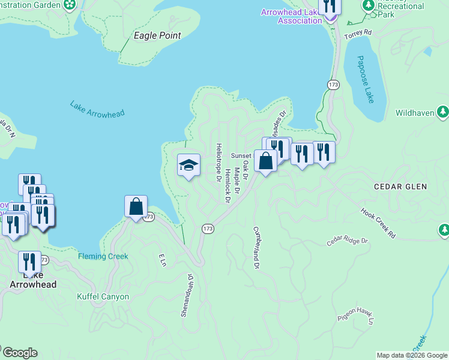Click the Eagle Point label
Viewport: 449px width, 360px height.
(x=157, y=36)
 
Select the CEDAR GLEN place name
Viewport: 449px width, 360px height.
(x=400, y=187)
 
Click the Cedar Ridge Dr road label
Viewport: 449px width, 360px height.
(x=347, y=241)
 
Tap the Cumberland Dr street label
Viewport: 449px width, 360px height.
(x=256, y=247)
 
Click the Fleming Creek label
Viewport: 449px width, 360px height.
(x=103, y=257)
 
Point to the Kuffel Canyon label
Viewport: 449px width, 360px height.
(x=103, y=296)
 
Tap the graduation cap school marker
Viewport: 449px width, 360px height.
(x=188, y=165)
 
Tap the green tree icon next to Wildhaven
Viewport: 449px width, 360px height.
(x=443, y=112)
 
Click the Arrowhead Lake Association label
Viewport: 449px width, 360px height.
(x=292, y=16)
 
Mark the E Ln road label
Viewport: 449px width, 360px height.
(x=162, y=260)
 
